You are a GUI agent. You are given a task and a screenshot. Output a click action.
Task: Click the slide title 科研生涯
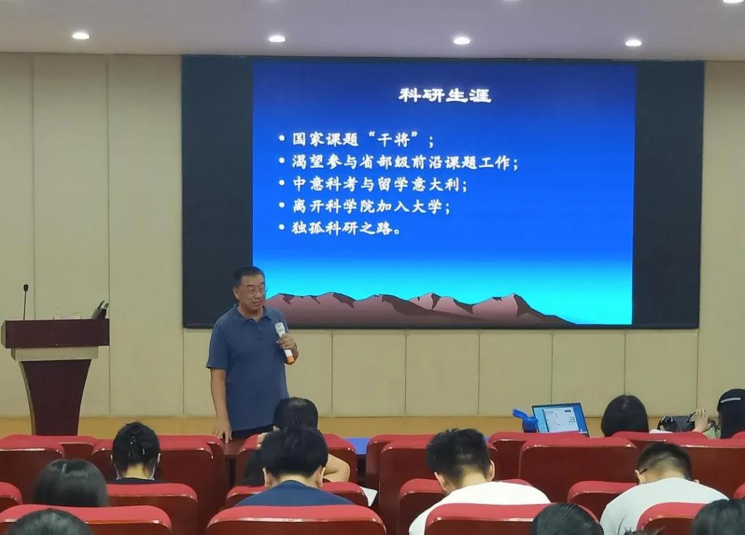(x=445, y=95)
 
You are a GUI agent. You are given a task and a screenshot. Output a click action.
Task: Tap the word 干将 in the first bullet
(x=393, y=139)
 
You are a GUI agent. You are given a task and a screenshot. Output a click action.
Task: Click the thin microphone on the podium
(x=26, y=302)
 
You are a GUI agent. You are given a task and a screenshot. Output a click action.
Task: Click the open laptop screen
(x=559, y=418)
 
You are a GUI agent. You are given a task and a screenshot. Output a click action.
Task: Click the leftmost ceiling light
(x=80, y=36)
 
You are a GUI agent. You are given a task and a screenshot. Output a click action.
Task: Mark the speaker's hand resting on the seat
(x=222, y=434)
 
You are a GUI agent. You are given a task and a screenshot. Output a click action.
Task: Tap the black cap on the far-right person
(x=732, y=398)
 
